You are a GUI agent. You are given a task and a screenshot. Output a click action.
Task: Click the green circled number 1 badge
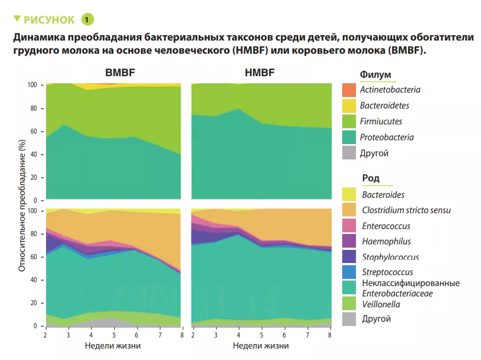[88, 20]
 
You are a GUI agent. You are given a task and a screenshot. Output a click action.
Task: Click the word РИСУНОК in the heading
[48, 20]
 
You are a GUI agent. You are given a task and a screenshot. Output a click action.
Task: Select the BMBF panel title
[120, 73]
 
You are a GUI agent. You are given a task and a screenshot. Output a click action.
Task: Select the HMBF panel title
[260, 73]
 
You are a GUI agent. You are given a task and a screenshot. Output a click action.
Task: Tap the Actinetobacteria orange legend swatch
[349, 90]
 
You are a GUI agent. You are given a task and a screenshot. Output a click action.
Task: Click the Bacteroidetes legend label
[384, 105]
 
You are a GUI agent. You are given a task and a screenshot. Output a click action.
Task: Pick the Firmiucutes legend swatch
[349, 122]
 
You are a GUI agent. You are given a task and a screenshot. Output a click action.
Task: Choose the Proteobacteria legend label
[387, 138]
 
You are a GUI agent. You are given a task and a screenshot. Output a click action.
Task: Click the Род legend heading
[370, 178]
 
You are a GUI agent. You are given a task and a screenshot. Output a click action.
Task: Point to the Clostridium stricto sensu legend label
[406, 210]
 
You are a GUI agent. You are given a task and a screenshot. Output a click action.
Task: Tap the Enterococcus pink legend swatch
[349, 226]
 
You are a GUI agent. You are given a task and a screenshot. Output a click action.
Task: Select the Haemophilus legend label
[386, 241]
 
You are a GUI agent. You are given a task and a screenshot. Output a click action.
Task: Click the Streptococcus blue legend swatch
[349, 272]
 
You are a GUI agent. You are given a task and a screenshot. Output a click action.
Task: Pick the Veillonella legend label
[381, 304]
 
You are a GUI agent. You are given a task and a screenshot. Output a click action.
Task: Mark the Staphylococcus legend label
[390, 257]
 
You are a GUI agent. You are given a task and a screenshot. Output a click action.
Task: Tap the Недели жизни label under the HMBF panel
[261, 346]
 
